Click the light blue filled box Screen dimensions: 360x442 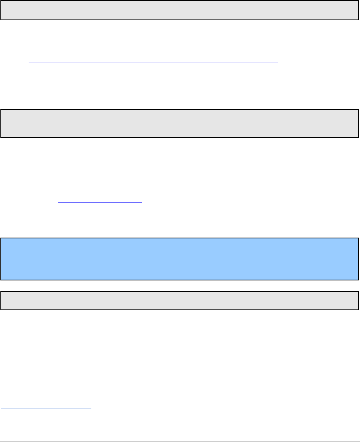click(x=180, y=259)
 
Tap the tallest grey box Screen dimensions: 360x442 click(x=180, y=123)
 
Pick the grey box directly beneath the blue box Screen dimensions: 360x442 click(x=180, y=301)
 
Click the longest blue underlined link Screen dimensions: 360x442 click(x=153, y=62)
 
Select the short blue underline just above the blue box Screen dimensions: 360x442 click(x=99, y=203)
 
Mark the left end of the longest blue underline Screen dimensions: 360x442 click(x=29, y=62)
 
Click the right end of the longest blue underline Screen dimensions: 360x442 click(x=277, y=62)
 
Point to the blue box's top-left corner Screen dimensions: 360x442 click(x=1, y=238)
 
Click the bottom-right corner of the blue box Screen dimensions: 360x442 click(x=358, y=280)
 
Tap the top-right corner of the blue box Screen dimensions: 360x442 click(x=358, y=238)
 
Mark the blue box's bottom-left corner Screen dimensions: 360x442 click(x=1, y=280)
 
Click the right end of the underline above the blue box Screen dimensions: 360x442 click(x=142, y=203)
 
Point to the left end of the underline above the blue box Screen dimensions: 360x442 click(x=57, y=203)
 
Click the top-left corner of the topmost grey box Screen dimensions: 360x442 click(x=1, y=1)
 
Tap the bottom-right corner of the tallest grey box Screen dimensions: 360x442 click(x=358, y=137)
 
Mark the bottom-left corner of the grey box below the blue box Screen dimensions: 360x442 click(x=1, y=309)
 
